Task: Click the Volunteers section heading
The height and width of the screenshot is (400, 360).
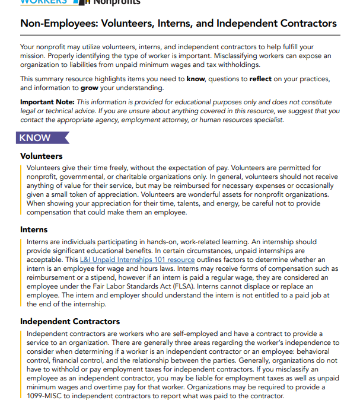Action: [42, 156]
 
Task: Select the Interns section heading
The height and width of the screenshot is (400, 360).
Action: [34, 230]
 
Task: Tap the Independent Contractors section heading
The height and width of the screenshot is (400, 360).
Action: [70, 322]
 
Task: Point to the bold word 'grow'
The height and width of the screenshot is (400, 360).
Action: [90, 88]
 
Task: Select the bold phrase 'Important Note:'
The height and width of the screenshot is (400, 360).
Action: [47, 102]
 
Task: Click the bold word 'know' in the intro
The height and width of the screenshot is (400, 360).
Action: [196, 79]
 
